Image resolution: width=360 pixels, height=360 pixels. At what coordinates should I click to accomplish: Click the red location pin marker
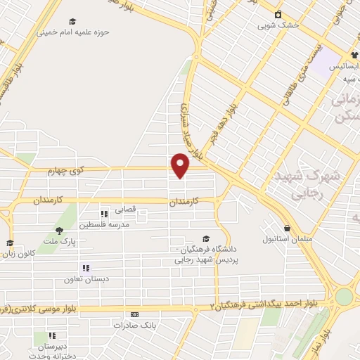tap(181, 166)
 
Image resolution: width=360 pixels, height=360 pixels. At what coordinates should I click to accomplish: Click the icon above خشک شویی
tap(278, 14)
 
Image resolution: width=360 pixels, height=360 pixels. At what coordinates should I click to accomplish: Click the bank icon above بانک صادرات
tap(135, 314)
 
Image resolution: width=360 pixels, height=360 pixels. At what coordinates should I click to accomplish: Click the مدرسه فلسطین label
tap(102, 224)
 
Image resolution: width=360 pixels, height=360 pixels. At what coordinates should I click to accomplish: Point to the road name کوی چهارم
tap(67, 171)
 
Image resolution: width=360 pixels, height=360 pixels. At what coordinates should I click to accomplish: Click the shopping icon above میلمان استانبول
tap(287, 228)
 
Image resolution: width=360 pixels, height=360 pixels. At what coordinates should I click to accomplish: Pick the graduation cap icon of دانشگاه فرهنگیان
tap(205, 239)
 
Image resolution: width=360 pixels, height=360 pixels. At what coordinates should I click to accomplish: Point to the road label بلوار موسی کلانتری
tap(35, 309)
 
